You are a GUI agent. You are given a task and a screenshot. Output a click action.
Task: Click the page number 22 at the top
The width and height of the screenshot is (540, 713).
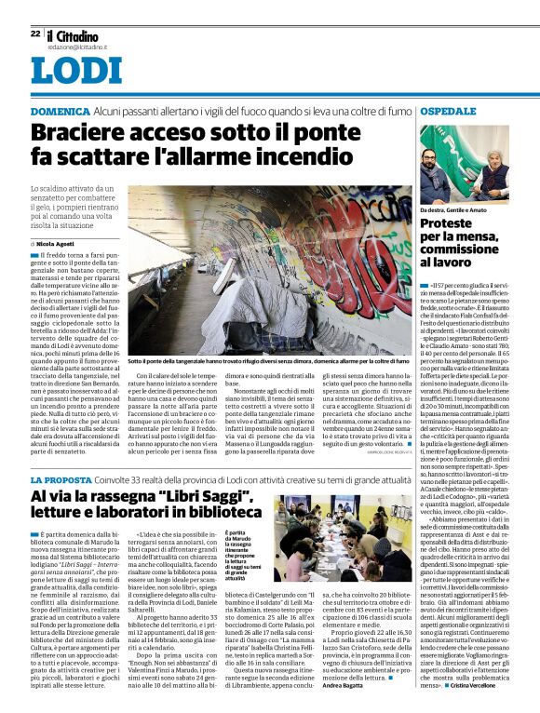pyautogui.click(x=35, y=34)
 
